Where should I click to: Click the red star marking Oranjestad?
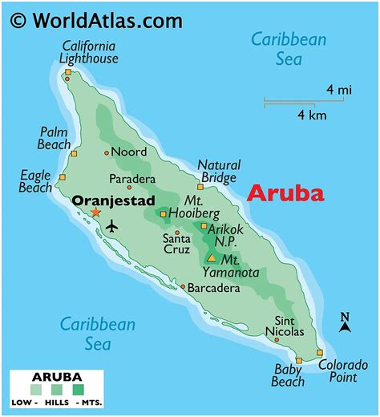pyautogui.click(x=95, y=213)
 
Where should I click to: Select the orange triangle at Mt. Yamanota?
pyautogui.click(x=211, y=258)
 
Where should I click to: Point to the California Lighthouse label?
pyautogui.click(x=88, y=52)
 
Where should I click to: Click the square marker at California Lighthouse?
pyautogui.click(x=68, y=73)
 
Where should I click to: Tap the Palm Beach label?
pyautogui.click(x=55, y=138)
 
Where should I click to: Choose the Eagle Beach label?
pyautogui.click(x=35, y=181)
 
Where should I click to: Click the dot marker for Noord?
pyautogui.click(x=107, y=152)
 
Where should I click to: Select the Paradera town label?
pyautogui.click(x=132, y=179)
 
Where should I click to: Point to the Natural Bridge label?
pyautogui.click(x=218, y=171)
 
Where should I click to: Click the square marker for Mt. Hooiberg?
pyautogui.click(x=164, y=214)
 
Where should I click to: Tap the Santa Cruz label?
pyautogui.click(x=176, y=244)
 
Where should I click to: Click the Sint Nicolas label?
pyautogui.click(x=284, y=326)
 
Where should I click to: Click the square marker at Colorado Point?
pyautogui.click(x=319, y=353)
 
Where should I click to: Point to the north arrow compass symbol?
pyautogui.click(x=345, y=322)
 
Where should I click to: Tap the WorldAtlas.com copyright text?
pyautogui.click(x=95, y=19)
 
